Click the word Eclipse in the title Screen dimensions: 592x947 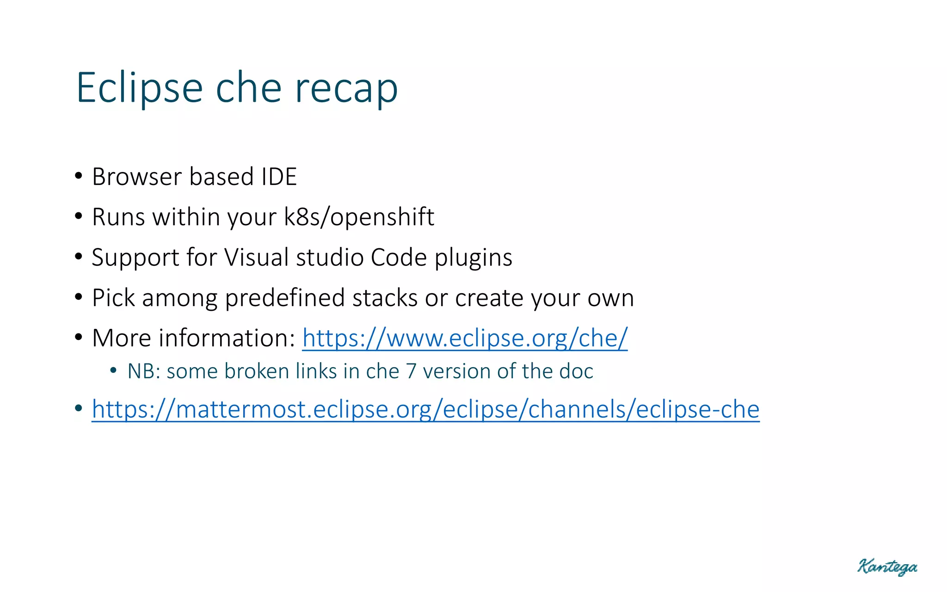click(x=139, y=88)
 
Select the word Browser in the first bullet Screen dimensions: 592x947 click(x=137, y=177)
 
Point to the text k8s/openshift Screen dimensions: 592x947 click(x=359, y=217)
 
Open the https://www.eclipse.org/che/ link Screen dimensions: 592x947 click(x=465, y=339)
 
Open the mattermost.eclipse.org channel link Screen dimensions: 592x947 click(x=425, y=410)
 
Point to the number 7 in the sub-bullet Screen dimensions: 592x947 click(x=411, y=371)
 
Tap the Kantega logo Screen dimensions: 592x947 click(x=887, y=567)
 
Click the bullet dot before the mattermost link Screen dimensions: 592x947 click(x=79, y=409)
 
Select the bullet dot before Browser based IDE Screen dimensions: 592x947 click(x=79, y=176)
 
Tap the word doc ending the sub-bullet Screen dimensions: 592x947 click(x=576, y=371)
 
